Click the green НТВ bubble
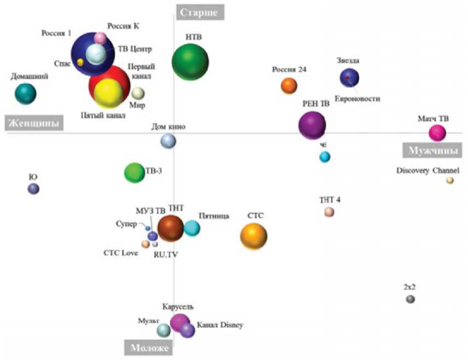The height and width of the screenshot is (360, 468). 190,62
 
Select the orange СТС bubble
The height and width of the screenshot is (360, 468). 253,236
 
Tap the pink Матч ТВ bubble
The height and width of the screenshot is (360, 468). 437,132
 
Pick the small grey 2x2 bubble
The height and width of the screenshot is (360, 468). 410,299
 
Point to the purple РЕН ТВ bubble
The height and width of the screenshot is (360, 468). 312,125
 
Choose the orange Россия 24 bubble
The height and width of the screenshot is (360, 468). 288,85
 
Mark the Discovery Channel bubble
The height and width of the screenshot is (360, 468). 449,181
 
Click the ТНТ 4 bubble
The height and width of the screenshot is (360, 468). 329,212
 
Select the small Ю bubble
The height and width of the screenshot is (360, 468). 33,189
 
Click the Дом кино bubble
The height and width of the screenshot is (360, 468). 168,141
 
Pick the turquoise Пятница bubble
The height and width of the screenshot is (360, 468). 191,228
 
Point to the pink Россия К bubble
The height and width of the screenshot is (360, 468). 100,38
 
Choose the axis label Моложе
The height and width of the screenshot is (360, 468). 148,347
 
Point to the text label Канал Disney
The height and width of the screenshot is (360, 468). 219,325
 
